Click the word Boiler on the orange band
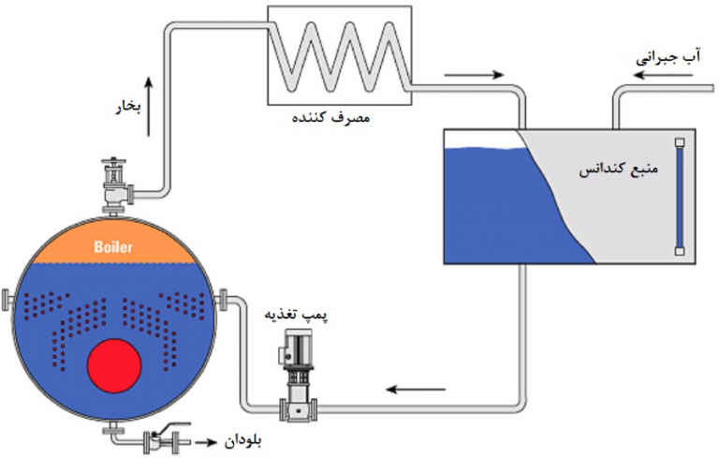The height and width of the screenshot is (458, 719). click(x=113, y=248)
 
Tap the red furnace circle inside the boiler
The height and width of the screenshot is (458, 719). click(x=114, y=364)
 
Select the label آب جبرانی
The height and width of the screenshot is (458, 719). click(x=668, y=56)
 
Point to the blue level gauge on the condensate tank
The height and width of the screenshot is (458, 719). click(x=680, y=196)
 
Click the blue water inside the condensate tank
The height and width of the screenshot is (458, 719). click(x=496, y=206)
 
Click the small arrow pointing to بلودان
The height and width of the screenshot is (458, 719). click(x=208, y=439)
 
